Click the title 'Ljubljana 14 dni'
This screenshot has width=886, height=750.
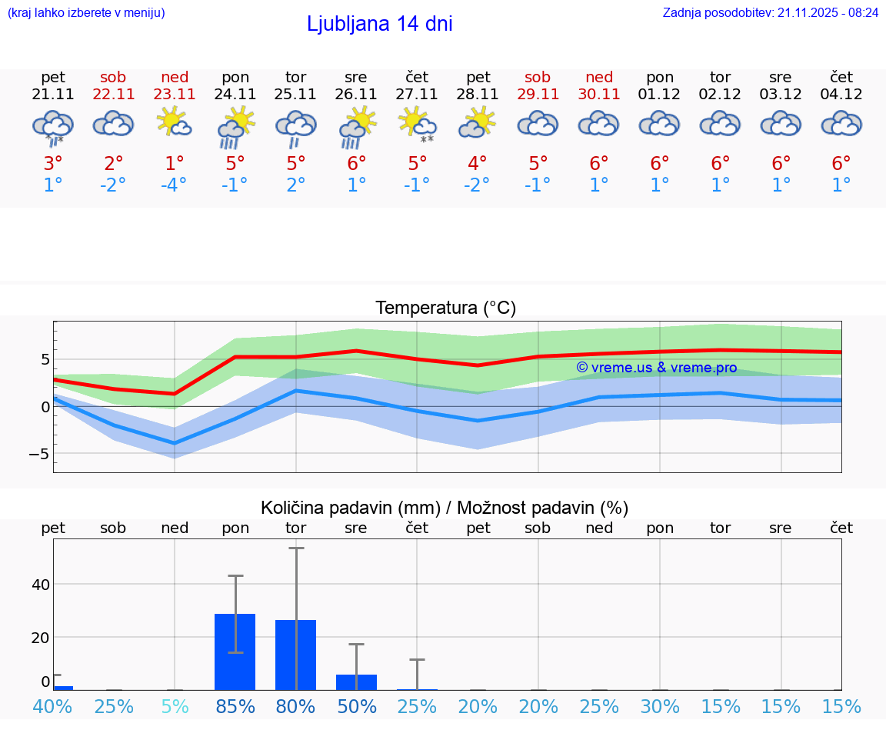[x=379, y=24]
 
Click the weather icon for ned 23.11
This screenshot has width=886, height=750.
[x=175, y=122]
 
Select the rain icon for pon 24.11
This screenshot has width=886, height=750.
[x=235, y=127]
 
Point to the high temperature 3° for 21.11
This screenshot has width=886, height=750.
[x=52, y=164]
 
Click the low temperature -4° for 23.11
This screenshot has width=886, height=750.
[x=174, y=185]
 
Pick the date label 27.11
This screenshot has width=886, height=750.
[x=416, y=95]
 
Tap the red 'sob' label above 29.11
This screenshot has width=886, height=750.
[x=538, y=77]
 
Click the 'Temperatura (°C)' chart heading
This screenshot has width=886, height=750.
[x=445, y=308]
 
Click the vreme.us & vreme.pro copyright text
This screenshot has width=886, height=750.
[x=656, y=368]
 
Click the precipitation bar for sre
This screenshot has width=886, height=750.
[x=356, y=682]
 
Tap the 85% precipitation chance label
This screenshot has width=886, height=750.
[x=235, y=706]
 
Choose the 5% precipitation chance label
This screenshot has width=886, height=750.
[x=175, y=706]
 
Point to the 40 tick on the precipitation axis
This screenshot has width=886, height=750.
[x=41, y=584]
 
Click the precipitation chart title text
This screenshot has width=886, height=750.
[x=445, y=508]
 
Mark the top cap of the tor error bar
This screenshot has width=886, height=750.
[x=296, y=548]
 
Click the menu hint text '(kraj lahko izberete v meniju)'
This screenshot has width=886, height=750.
[x=86, y=12]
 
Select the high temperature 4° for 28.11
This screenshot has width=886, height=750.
[x=478, y=164]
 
